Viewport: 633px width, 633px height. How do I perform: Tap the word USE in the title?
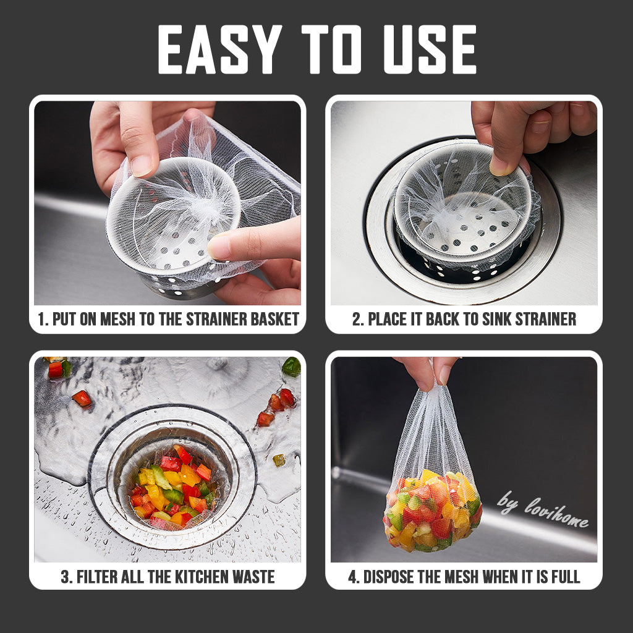pos(430,49)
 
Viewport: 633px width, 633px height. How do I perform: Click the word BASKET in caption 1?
pos(275,319)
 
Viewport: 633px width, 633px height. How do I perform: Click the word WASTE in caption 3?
pos(254,577)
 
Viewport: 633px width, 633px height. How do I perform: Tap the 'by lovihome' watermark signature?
pos(543,509)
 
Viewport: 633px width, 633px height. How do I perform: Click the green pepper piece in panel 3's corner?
pos(291,367)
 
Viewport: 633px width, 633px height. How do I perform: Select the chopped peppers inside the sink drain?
pos(174,488)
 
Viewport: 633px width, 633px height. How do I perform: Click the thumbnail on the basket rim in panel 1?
pos(142,166)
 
